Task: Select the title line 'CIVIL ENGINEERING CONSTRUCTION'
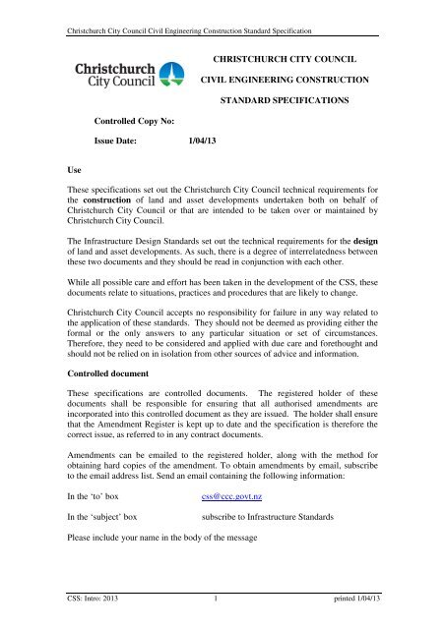point(284,78)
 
